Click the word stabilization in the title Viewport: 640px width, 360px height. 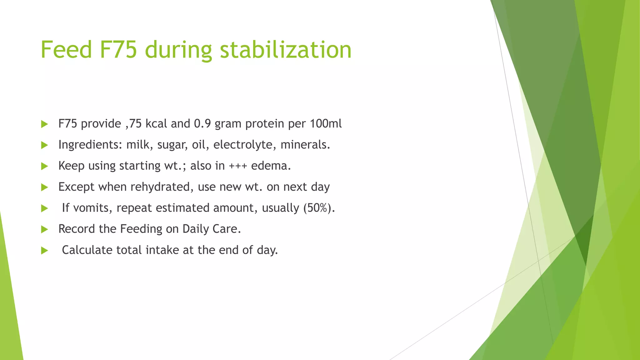click(286, 50)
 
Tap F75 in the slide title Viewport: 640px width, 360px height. click(118, 50)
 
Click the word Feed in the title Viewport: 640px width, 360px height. click(66, 50)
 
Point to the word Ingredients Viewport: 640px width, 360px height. click(90, 145)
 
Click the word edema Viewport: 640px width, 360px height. click(271, 166)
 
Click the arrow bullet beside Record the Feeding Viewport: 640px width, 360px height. click(44, 230)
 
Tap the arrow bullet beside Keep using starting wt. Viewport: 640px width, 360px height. click(44, 166)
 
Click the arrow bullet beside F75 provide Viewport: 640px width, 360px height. click(44, 124)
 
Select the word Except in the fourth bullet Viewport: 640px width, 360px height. click(76, 187)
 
